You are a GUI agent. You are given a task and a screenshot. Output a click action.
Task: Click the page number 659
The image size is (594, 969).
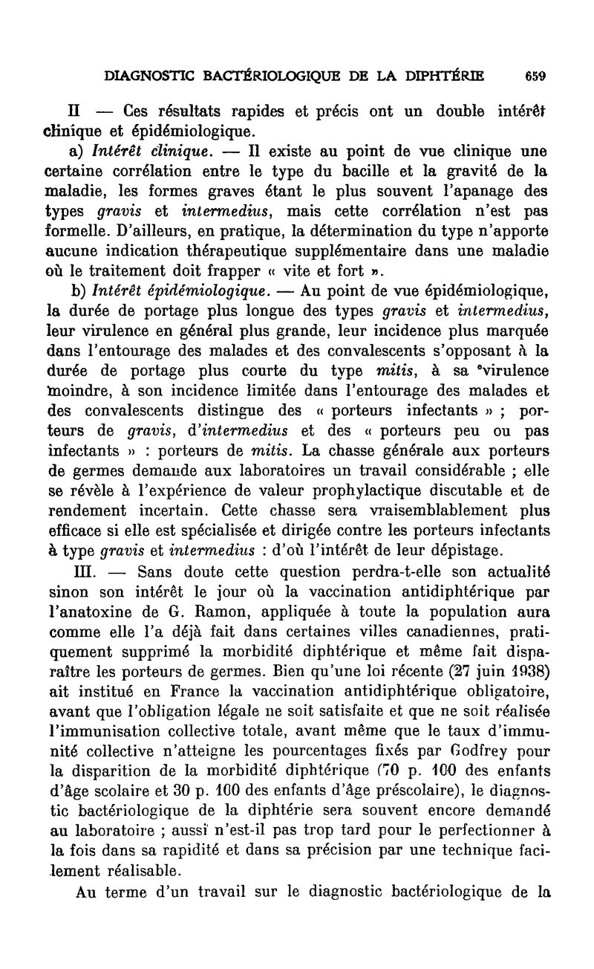[x=535, y=75]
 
